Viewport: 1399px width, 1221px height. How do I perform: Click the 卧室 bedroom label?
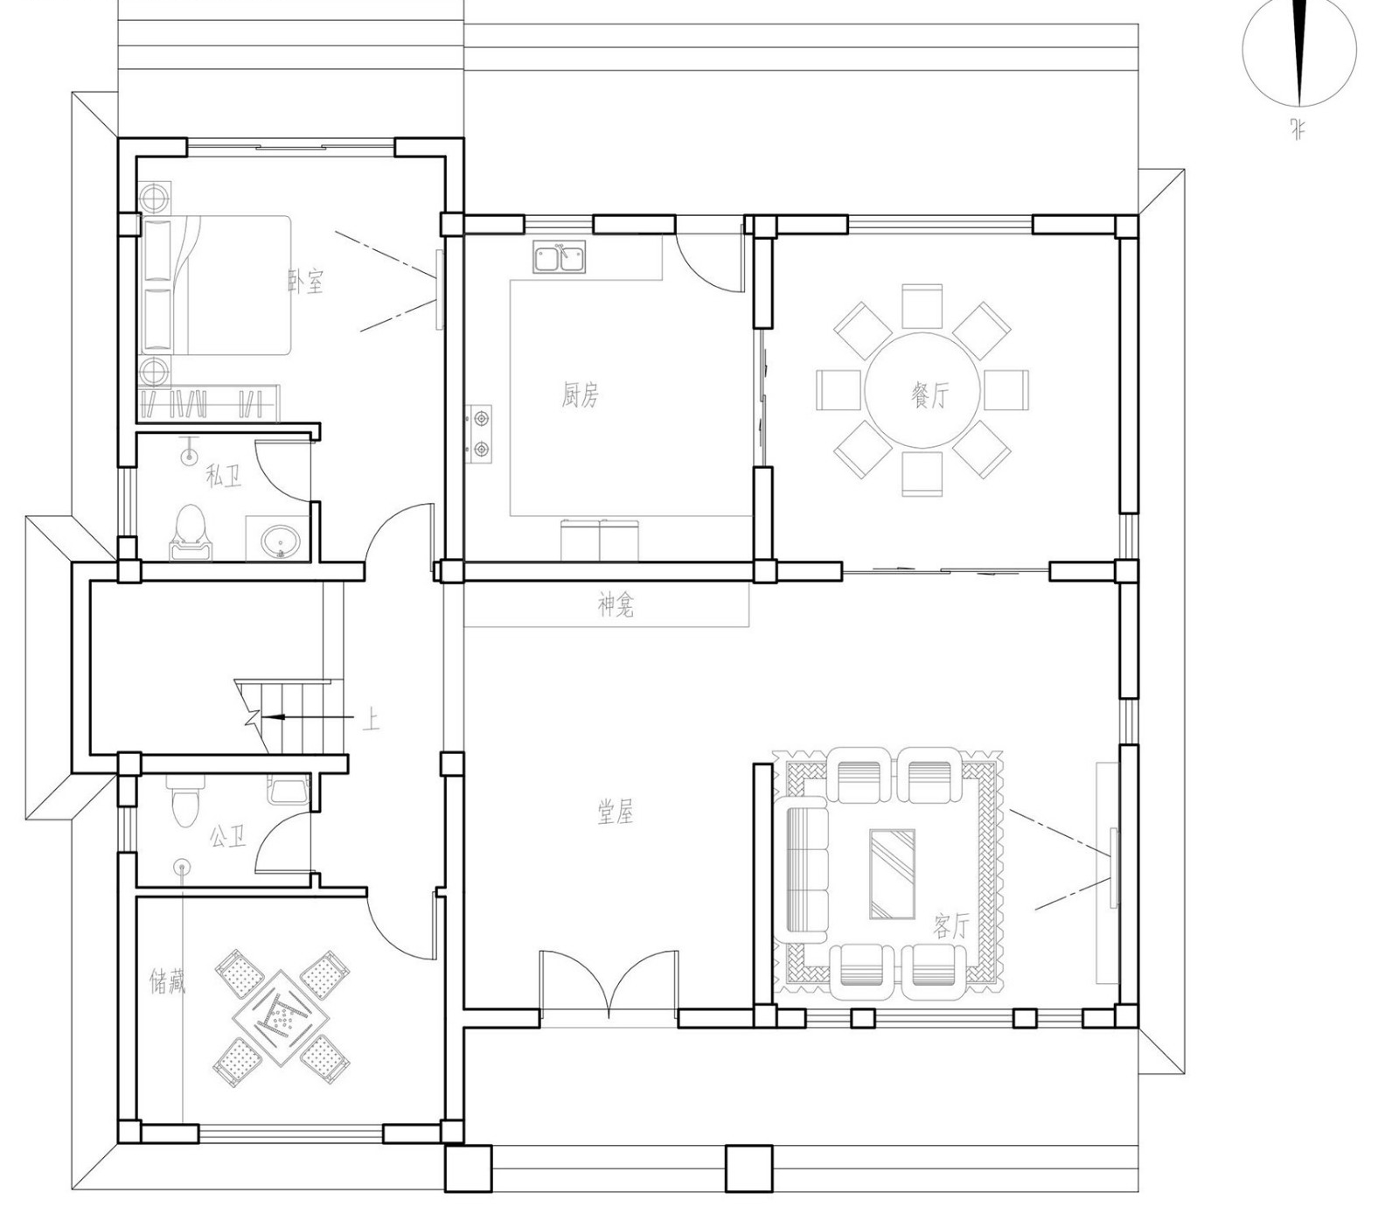point(306,281)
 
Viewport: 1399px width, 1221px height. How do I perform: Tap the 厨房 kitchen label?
point(581,395)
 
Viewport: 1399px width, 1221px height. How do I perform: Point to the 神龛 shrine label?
point(616,605)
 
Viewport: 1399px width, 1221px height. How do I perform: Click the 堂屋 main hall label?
point(616,813)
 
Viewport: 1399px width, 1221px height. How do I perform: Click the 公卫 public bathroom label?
point(227,837)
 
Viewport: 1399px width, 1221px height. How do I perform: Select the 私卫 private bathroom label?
point(223,476)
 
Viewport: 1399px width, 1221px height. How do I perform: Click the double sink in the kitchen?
point(560,258)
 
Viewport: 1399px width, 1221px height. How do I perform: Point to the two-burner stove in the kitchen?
point(479,434)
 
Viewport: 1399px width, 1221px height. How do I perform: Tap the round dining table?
point(922,390)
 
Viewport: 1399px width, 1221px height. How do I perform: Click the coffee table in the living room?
point(892,874)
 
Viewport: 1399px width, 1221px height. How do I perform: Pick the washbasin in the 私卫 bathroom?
point(280,539)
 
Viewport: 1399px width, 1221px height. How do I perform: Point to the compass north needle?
point(1299,52)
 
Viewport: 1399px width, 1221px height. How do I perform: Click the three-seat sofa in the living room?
point(806,871)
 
